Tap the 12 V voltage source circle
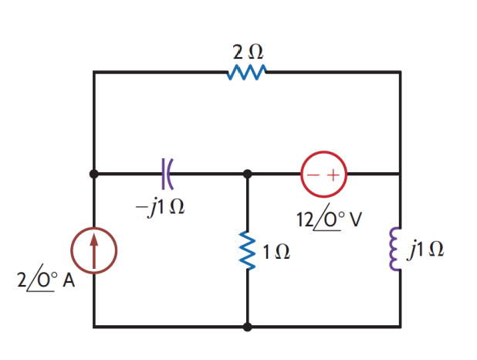click(323, 175)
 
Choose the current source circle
click(94, 251)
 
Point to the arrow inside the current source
click(94, 250)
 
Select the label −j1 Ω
click(159, 207)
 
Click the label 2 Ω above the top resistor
click(248, 53)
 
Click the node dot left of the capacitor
click(94, 175)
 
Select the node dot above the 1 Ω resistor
click(248, 175)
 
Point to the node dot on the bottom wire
click(248, 327)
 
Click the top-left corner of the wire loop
click(94, 73)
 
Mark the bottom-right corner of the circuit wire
click(400, 327)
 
